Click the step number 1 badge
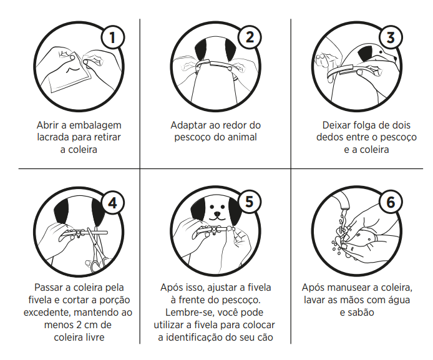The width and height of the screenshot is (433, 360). click(112, 37)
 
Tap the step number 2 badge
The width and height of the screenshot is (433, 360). click(250, 37)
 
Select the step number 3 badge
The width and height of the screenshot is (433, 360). click(391, 37)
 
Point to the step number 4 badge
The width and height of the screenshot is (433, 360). click(113, 203)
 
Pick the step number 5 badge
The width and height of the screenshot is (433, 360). click(250, 202)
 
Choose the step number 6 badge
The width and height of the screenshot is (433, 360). click(391, 202)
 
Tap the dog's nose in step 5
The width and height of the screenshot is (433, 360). click(217, 214)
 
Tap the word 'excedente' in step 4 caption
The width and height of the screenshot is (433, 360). click(47, 313)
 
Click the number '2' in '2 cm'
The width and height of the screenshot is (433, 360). click(78, 325)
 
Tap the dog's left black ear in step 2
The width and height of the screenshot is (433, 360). click(201, 50)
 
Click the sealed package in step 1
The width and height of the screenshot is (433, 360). click(70, 74)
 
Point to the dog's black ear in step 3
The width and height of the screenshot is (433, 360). click(366, 54)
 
